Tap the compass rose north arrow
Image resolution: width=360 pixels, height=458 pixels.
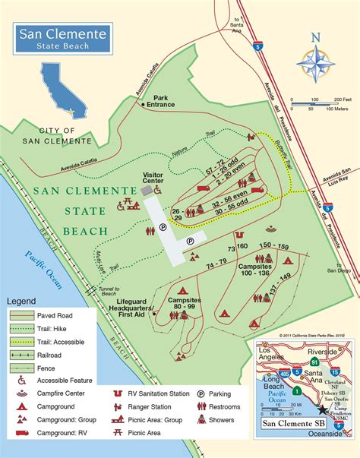(316, 62)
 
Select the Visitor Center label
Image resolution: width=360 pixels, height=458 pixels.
(153, 177)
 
